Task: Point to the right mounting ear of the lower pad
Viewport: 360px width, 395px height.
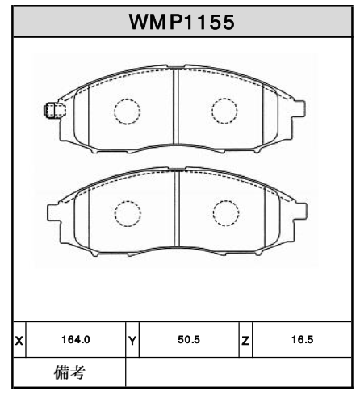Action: click(x=300, y=213)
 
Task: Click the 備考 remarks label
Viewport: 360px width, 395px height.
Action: click(x=69, y=372)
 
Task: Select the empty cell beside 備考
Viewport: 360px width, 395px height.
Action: click(x=239, y=372)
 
